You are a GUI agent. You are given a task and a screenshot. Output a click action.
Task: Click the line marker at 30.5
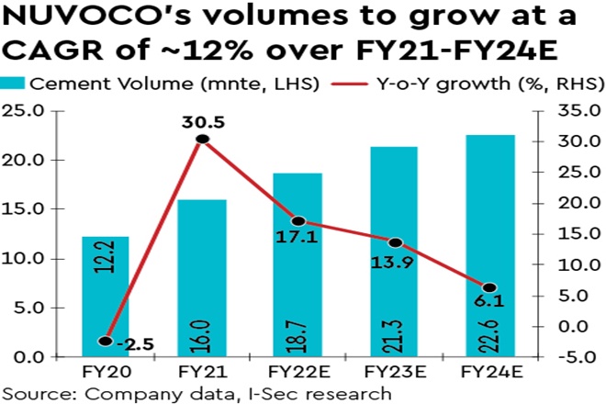coord(202,140)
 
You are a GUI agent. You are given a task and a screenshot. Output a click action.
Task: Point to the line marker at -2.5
coord(105,341)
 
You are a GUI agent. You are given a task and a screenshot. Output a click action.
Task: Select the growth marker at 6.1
coord(491,288)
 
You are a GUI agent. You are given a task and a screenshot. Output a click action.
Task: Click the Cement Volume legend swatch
coord(15,84)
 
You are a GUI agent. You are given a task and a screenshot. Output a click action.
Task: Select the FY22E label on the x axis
coord(298,375)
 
